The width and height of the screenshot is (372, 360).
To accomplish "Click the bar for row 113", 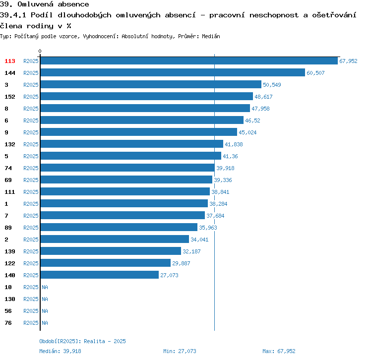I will click(x=188, y=61).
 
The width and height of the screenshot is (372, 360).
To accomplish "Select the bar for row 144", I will click(x=172, y=73).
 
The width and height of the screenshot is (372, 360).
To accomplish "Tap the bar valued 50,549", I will click(x=150, y=85).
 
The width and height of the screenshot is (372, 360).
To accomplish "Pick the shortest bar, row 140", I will click(x=99, y=275).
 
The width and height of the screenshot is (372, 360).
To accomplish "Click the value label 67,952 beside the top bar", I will click(x=348, y=61).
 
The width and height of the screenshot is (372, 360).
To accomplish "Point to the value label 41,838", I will click(x=234, y=144).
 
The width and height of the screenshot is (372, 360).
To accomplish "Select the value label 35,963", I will click(x=208, y=228).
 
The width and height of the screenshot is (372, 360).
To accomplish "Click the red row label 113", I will click(x=10, y=61).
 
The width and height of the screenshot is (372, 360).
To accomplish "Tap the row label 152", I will click(x=10, y=97).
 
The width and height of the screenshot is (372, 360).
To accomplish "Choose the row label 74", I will click(x=8, y=168).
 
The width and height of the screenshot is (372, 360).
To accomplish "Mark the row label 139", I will click(x=10, y=251).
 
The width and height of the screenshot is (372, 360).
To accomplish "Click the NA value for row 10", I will click(x=45, y=287).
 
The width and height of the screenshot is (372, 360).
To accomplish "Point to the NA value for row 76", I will click(x=45, y=323).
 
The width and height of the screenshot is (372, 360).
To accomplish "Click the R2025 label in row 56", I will click(x=31, y=311).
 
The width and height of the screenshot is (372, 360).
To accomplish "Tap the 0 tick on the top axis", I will click(x=40, y=51).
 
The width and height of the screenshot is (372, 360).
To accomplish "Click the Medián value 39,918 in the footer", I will click(x=72, y=351).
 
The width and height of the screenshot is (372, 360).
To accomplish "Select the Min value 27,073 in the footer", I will click(x=187, y=351).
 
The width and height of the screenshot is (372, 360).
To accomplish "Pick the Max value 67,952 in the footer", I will click(x=286, y=351).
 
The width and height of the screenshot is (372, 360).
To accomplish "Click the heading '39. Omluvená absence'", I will click(x=44, y=4).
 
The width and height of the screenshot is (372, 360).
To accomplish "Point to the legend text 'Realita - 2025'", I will click(x=105, y=341).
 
